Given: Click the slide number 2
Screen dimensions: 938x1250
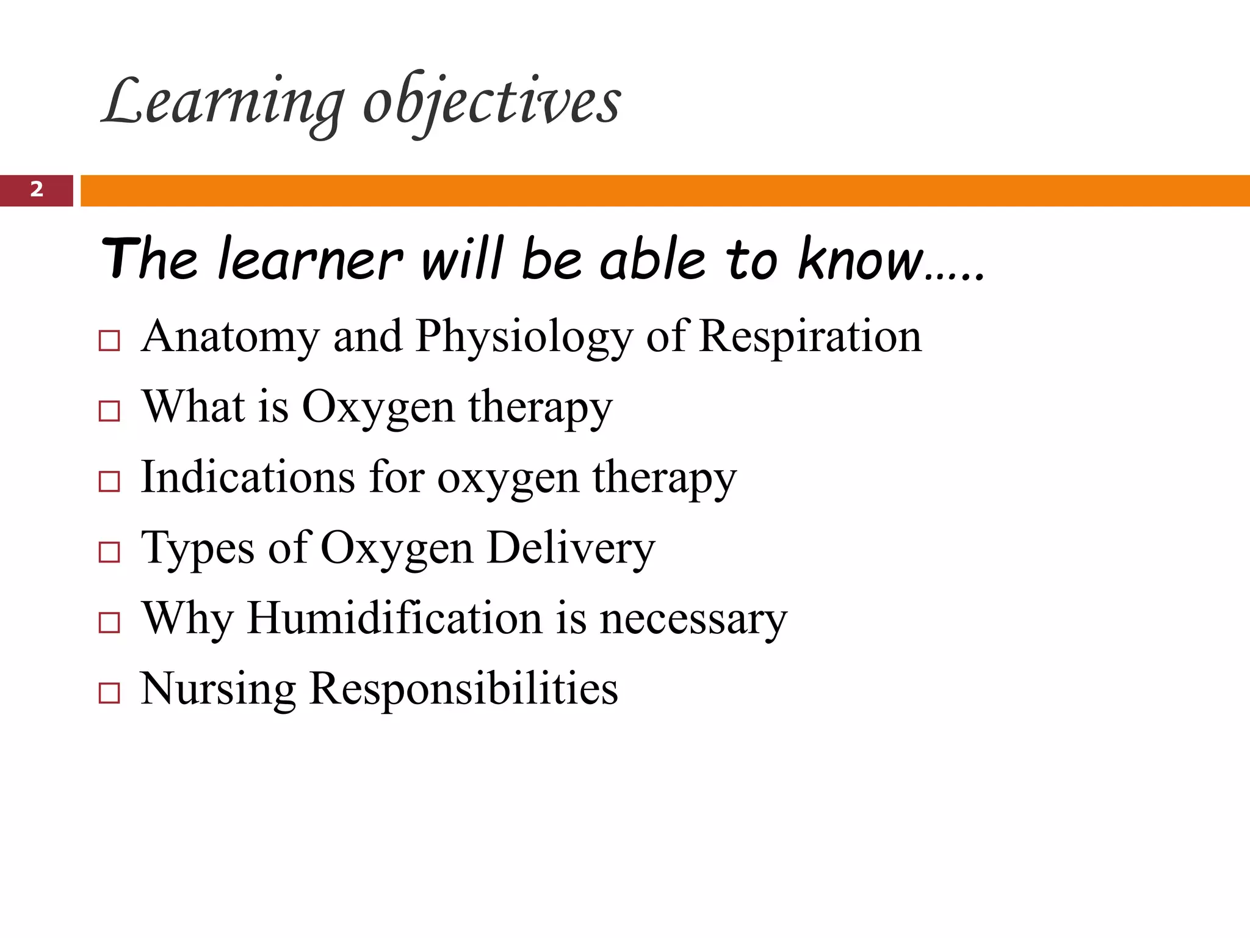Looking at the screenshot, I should pos(37,190).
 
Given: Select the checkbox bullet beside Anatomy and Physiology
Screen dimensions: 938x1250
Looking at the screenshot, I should pos(109,341).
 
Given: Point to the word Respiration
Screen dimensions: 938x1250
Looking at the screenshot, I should pos(810,336).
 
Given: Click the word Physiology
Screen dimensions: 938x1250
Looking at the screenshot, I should pos(524,338).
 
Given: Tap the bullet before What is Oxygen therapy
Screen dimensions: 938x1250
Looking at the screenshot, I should pos(109,411).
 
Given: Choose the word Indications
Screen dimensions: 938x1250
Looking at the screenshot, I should pos(248,477).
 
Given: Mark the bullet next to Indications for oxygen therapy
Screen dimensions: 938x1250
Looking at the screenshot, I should pos(109,482).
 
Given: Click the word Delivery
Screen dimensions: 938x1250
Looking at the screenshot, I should pos(571,548).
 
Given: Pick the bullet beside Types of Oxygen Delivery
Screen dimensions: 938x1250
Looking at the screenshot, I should pos(109,552).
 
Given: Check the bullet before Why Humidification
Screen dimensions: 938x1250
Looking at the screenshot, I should pos(109,623).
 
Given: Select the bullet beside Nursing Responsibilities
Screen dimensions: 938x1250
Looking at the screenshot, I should pos(109,693).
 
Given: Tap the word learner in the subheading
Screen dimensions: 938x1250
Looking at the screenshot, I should pos(310,260).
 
